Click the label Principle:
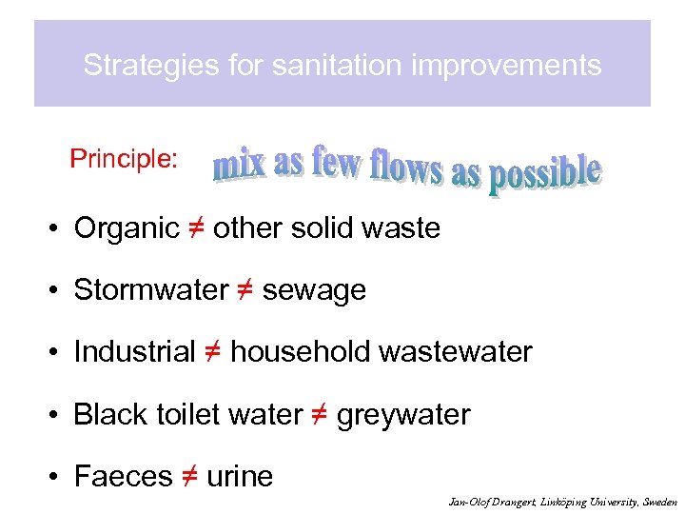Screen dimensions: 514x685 coord(124,159)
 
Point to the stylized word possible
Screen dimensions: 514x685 coord(544,176)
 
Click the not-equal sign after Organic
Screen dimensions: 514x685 coord(196,228)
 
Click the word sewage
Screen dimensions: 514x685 coord(314,290)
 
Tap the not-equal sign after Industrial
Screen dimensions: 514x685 coord(213,352)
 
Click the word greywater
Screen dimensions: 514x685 coord(403,415)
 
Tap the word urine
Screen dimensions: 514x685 coord(240,477)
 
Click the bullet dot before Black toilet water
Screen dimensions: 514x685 coord(58,415)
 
